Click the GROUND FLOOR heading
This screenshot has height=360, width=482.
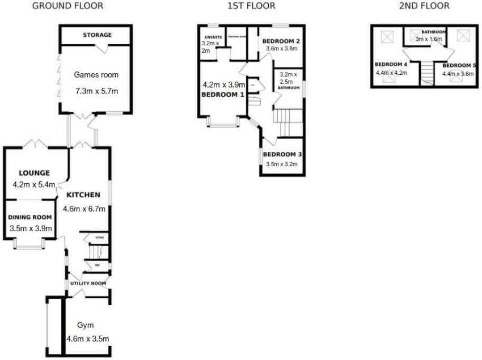pyautogui.click(x=67, y=6)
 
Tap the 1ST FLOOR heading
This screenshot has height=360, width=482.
pyautogui.click(x=251, y=6)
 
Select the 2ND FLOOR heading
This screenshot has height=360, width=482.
pyautogui.click(x=424, y=6)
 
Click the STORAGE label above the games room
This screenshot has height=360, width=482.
pyautogui.click(x=97, y=35)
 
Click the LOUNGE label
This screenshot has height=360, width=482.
pyautogui.click(x=34, y=173)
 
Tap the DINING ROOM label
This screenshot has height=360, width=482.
pyautogui.click(x=30, y=217)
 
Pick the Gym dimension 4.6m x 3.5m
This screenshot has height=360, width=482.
pyautogui.click(x=88, y=339)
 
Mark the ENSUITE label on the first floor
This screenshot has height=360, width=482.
pyautogui.click(x=213, y=37)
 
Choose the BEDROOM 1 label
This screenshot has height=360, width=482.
pyautogui.click(x=223, y=95)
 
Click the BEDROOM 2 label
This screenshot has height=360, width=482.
pyautogui.click(x=281, y=41)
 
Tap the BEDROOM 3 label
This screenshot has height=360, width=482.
pyautogui.click(x=281, y=154)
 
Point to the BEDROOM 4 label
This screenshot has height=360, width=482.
pyautogui.click(x=391, y=64)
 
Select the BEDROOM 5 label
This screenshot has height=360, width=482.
pyautogui.click(x=459, y=65)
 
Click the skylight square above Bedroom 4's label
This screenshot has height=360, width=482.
pyautogui.click(x=388, y=37)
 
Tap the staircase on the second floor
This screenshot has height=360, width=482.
pyautogui.click(x=427, y=73)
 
